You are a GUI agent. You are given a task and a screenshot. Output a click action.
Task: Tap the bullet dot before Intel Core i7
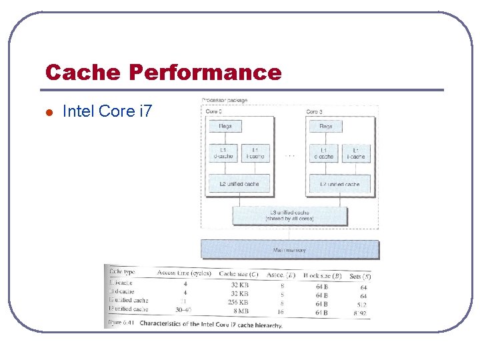[49, 112]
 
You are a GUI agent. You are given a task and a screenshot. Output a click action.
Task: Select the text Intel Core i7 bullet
[107, 111]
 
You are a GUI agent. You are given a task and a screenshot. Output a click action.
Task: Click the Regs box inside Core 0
[225, 126]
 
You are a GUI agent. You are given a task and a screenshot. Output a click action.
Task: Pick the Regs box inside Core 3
[326, 126]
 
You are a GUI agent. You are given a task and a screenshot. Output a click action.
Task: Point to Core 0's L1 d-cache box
[224, 153]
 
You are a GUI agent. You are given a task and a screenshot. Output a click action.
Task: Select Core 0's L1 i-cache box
[255, 153]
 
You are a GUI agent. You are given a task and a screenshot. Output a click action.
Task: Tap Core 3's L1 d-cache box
[325, 153]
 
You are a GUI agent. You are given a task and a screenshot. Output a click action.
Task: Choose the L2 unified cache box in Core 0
[239, 184]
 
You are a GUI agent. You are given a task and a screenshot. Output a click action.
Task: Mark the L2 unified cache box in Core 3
[339, 184]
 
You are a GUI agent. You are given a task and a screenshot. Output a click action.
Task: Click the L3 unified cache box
[289, 215]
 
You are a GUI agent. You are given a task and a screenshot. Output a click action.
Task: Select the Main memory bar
[290, 250]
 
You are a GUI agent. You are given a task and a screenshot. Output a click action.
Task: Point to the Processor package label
[225, 101]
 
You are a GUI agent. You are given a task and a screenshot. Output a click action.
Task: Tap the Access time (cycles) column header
[184, 273]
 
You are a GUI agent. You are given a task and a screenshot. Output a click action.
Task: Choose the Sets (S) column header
[361, 275]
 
